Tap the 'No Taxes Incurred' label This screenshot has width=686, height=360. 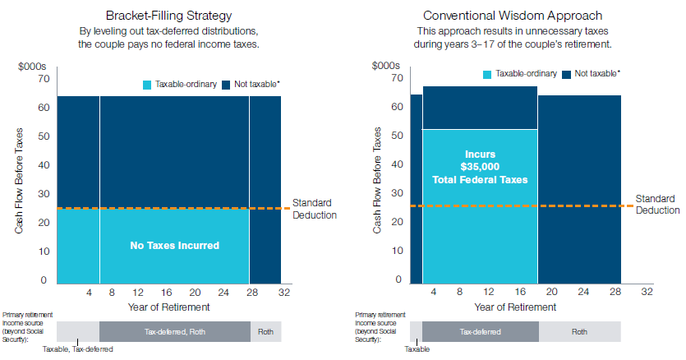coord(174,245)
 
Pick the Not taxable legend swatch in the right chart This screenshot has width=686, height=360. coord(568,74)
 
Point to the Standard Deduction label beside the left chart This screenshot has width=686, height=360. coord(314,209)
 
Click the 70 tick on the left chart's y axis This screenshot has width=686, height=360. coord(44,79)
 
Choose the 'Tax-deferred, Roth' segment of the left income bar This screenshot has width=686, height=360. coord(174,332)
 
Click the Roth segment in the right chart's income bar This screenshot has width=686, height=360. coord(579,332)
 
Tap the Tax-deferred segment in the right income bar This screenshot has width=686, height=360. coord(480,332)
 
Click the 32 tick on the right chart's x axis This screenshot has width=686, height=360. coord(647,292)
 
